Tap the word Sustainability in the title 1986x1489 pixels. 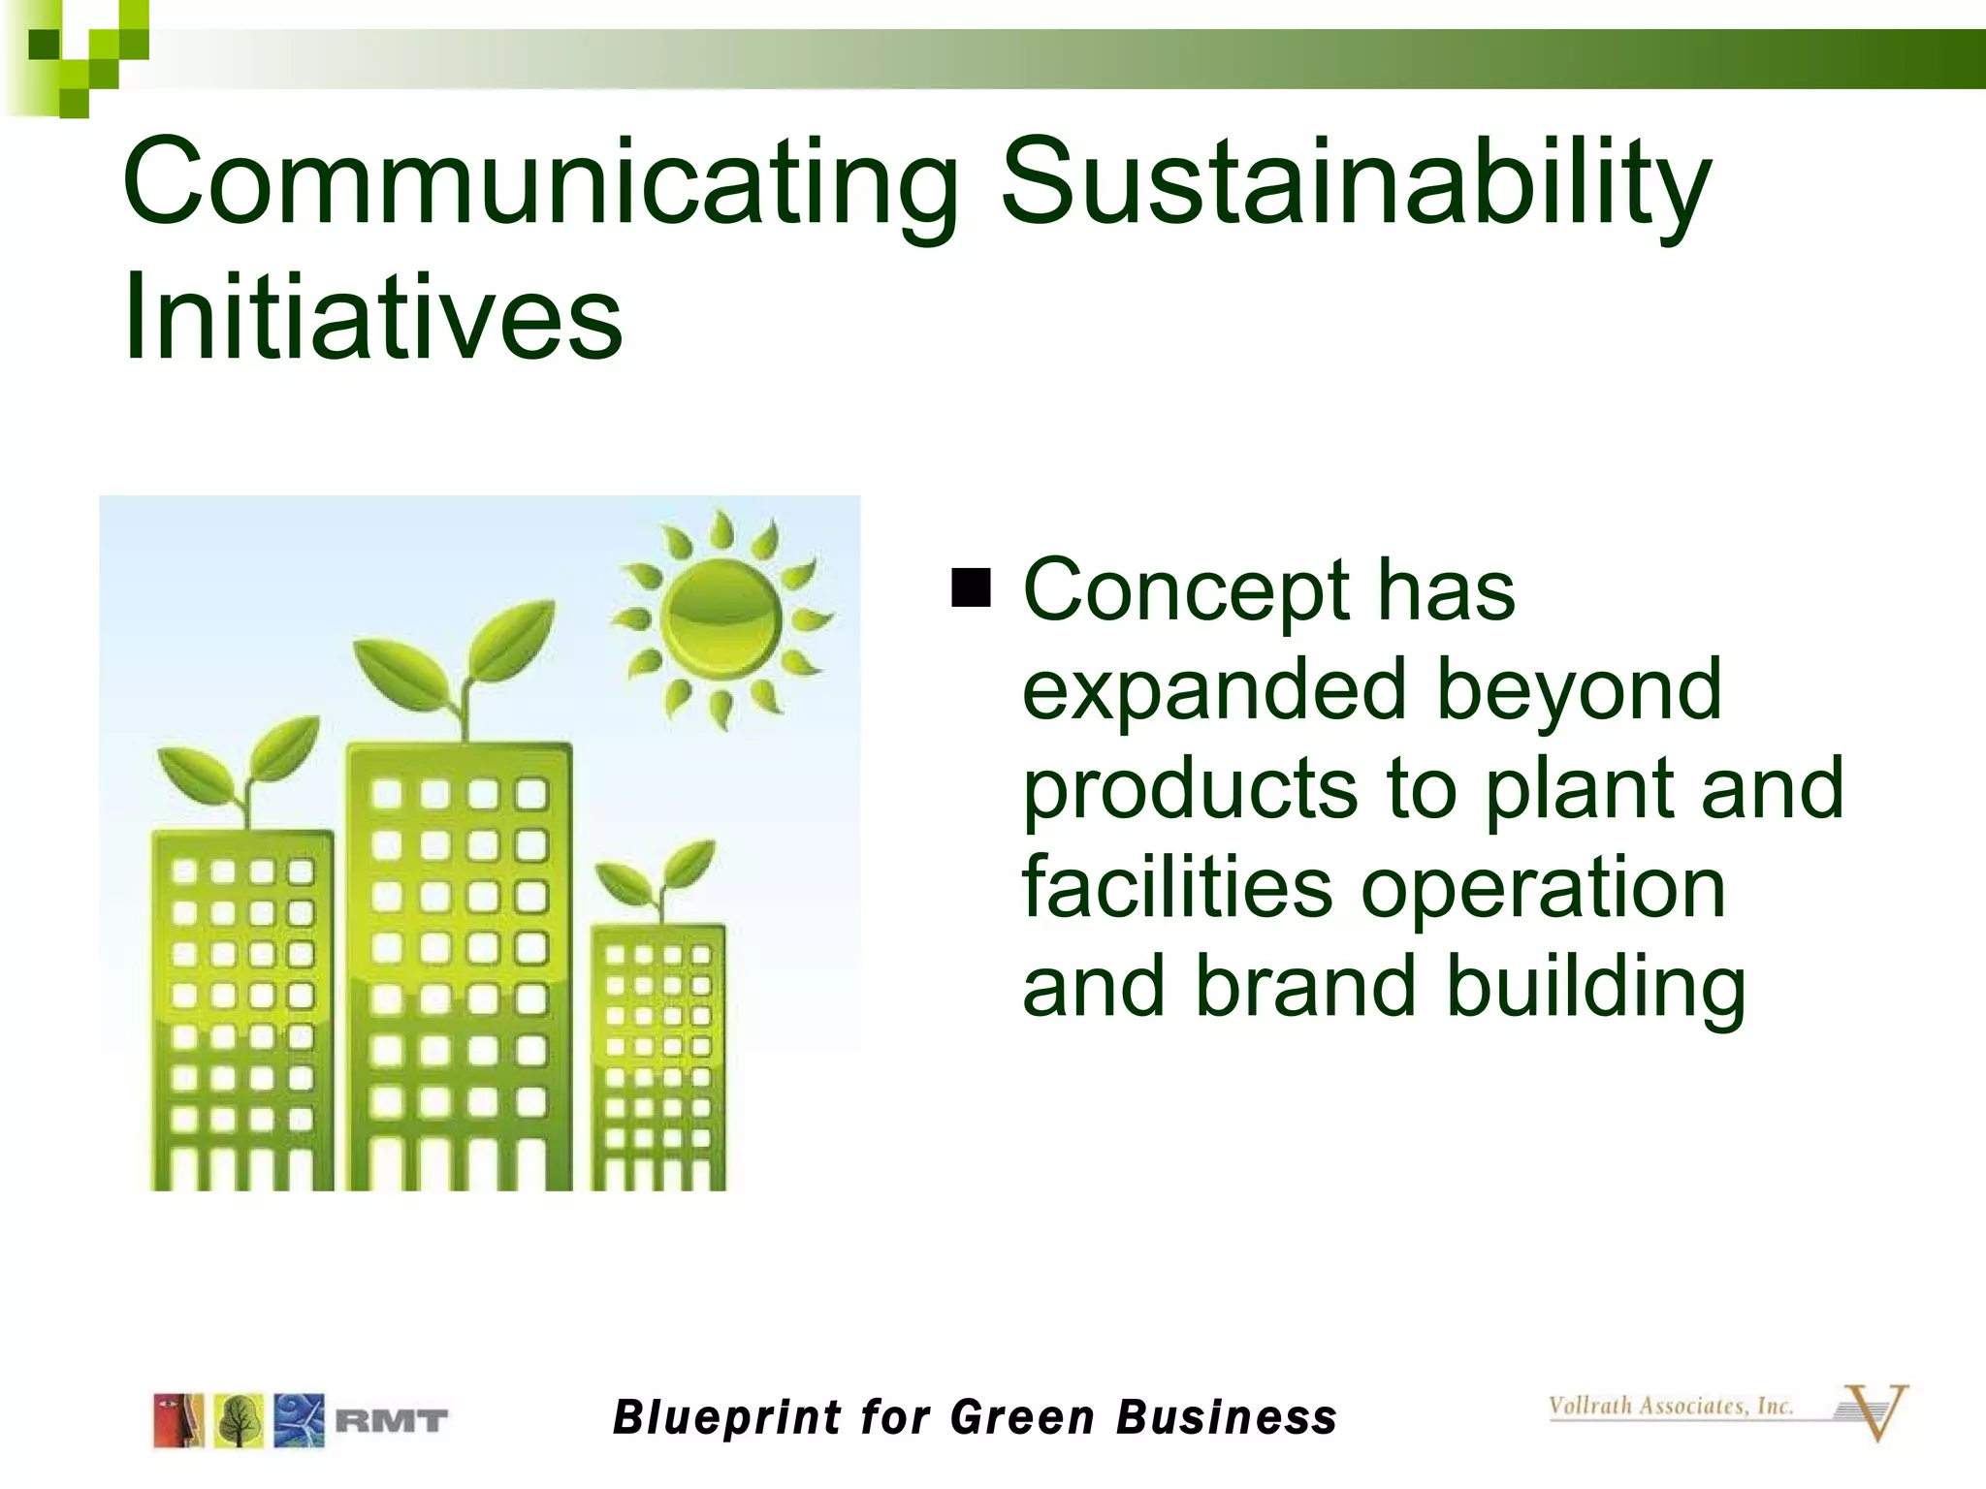[1356, 184]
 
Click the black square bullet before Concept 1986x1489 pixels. [971, 587]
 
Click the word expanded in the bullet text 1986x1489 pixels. [1213, 690]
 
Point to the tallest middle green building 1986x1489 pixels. [459, 969]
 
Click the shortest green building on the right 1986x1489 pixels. [658, 1057]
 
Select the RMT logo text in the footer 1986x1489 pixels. [392, 1421]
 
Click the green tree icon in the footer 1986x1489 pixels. [239, 1421]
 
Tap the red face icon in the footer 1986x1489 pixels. [178, 1421]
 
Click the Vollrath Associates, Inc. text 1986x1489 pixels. [1670, 1406]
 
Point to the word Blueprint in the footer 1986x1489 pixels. [727, 1417]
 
